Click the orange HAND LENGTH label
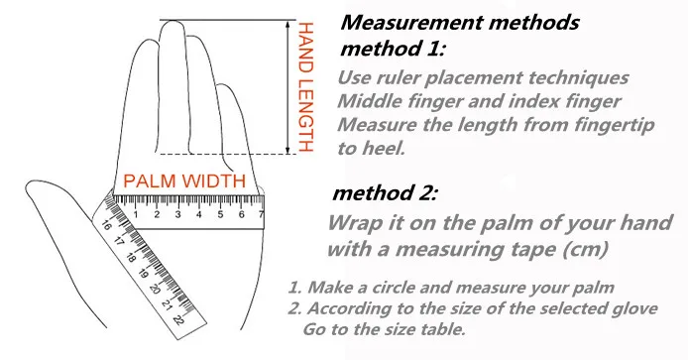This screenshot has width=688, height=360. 305,87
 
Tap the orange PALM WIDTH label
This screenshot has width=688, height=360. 184,180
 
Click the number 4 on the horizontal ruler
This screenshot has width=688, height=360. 198,214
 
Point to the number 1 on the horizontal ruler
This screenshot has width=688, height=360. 136,214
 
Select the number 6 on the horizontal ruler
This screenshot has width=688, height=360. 241,214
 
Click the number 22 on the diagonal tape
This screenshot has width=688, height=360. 179,319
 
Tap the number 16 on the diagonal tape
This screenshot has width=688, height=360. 106,226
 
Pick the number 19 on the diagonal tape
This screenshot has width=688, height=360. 142,274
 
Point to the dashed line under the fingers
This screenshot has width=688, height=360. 228,154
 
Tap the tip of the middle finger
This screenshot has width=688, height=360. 172,21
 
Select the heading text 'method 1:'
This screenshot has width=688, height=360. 393,48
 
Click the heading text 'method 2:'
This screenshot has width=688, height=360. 385,193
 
